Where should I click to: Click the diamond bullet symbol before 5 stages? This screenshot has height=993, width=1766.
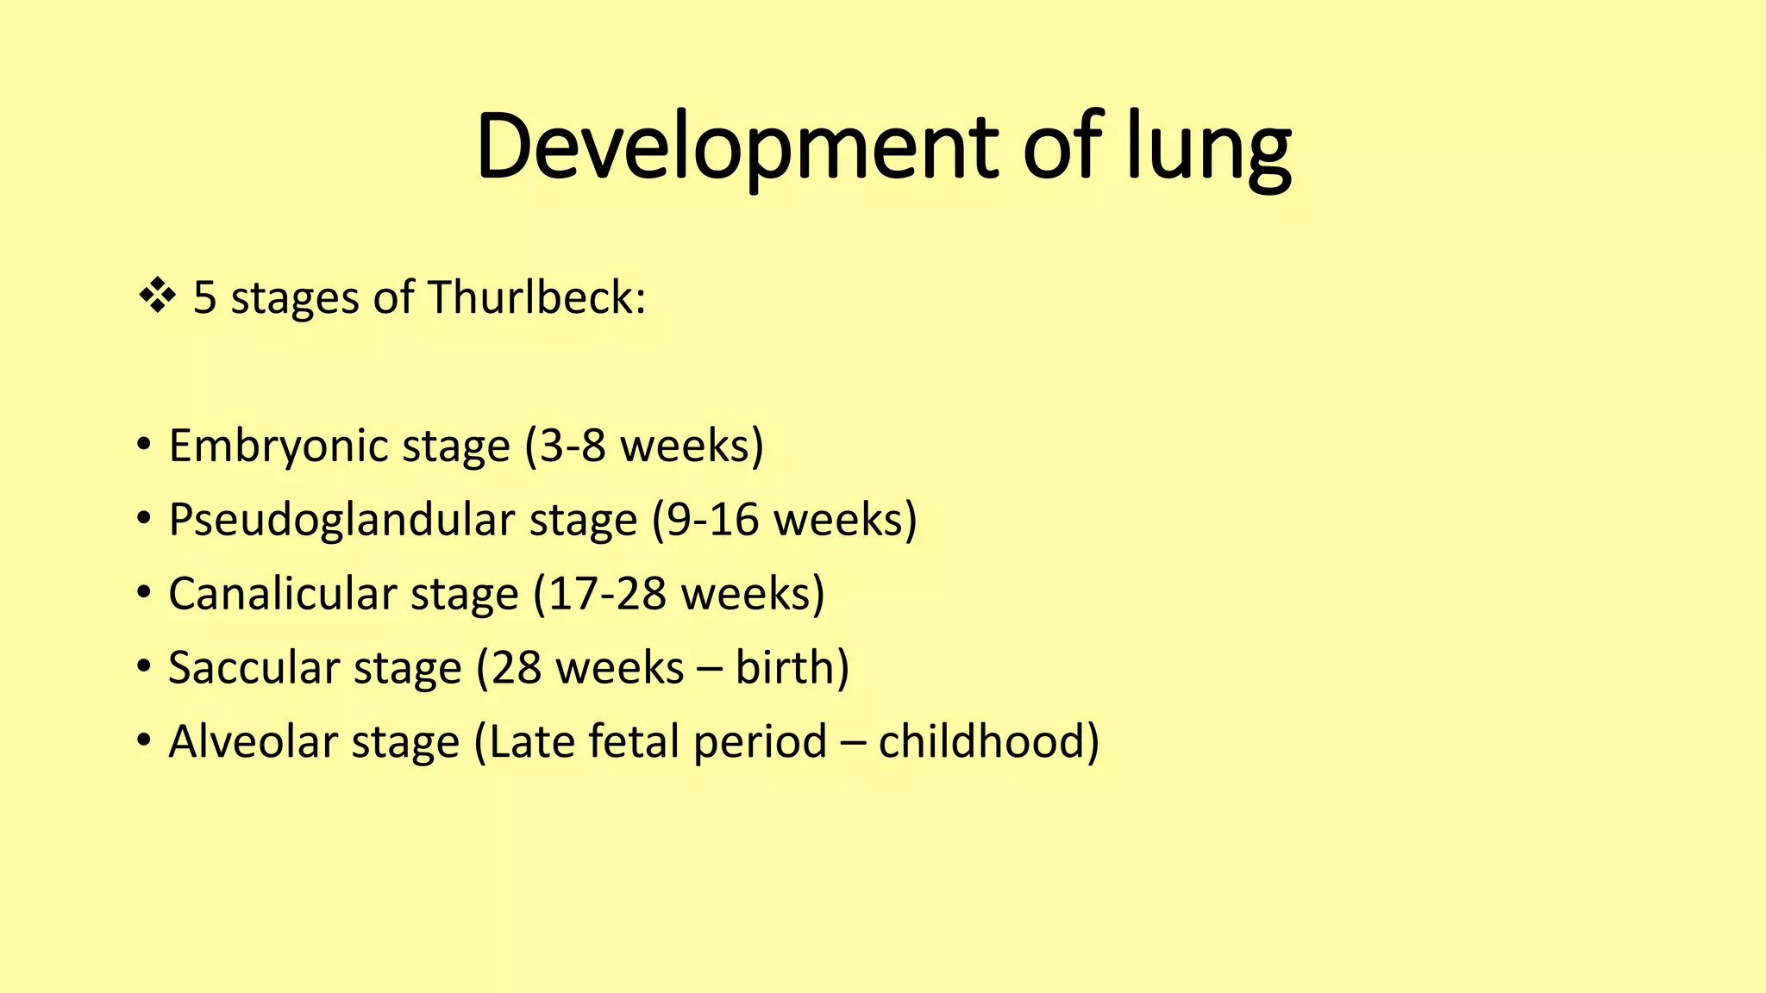157,297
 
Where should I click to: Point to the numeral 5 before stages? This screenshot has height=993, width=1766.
204,297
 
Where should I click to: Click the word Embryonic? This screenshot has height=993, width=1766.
278,447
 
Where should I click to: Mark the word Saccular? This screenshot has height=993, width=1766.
254,668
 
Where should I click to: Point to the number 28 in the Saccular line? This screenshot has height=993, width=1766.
516,668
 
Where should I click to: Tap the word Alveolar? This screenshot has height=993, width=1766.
253,742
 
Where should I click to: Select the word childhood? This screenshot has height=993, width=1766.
981,742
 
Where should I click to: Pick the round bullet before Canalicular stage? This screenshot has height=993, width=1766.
144,594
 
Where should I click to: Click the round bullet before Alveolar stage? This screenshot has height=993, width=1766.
144,742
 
